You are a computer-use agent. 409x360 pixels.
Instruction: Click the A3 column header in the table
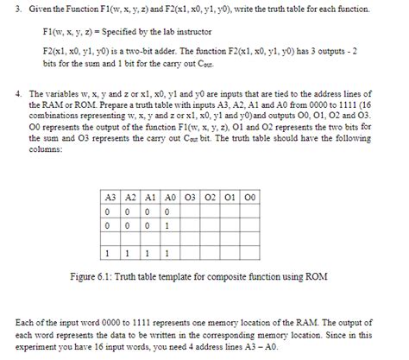click(110, 195)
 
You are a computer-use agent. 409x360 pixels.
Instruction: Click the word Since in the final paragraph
click(354, 334)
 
